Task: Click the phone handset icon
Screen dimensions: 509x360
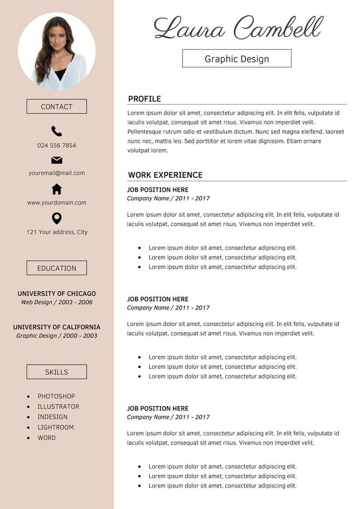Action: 57,131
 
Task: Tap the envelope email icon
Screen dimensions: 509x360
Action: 57,160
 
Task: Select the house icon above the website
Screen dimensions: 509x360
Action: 57,189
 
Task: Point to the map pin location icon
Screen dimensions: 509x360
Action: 57,218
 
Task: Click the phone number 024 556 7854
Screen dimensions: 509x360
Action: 57,145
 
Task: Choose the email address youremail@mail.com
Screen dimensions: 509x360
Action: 57,173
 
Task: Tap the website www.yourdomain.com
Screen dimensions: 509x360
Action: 57,203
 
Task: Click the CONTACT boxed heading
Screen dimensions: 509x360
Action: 57,107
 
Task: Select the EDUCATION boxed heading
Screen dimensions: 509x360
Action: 57,268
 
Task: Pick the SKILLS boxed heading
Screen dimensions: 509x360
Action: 57,372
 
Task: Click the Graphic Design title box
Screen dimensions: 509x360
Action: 237,59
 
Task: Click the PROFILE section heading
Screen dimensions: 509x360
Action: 144,99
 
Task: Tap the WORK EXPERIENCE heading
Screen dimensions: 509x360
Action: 165,175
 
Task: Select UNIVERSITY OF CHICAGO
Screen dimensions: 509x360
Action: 57,294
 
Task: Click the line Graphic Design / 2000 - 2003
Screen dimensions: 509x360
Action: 57,336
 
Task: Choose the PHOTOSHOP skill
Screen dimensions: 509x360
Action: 56,396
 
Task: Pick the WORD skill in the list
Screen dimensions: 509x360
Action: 47,438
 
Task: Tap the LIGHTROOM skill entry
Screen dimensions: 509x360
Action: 56,427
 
